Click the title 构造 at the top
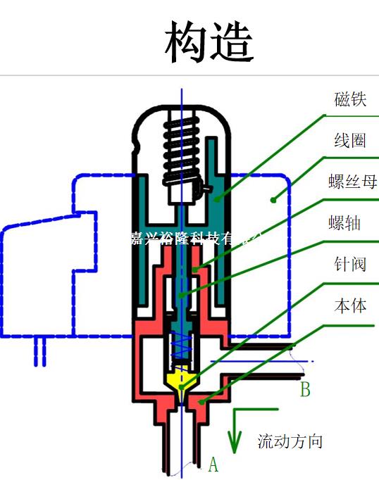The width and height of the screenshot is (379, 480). (x=209, y=42)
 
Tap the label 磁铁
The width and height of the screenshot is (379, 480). (x=350, y=99)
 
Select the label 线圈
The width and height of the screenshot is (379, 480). (x=350, y=141)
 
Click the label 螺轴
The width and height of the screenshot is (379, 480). (x=345, y=224)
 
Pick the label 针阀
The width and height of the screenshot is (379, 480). (x=350, y=265)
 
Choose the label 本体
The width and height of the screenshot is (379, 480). (x=350, y=306)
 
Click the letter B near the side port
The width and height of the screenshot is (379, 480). (x=305, y=389)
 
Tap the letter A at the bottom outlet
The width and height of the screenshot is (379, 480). (x=213, y=465)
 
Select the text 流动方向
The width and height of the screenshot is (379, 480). (x=290, y=442)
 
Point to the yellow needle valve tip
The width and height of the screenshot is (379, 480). (x=182, y=381)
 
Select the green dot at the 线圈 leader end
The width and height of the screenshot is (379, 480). (x=273, y=200)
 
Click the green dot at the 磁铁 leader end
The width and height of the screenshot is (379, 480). (x=217, y=199)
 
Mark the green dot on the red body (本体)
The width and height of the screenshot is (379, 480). (x=202, y=402)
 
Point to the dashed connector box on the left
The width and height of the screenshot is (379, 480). (x=39, y=278)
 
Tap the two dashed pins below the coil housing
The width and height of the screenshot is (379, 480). (x=39, y=351)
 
